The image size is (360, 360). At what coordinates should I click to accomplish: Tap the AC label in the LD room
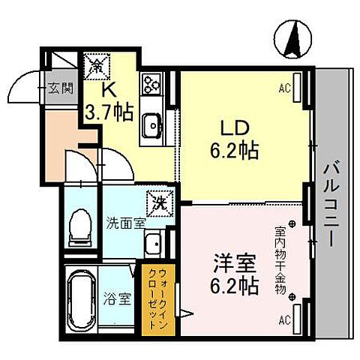(x=284, y=88)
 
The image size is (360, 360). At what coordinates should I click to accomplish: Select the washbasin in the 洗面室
(x=154, y=242)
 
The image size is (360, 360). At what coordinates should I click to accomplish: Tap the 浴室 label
(x=120, y=298)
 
